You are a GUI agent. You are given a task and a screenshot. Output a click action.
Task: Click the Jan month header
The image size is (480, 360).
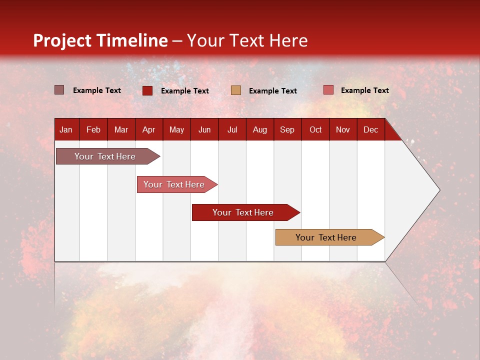(66, 130)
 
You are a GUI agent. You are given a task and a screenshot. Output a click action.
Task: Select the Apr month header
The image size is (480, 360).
(148, 130)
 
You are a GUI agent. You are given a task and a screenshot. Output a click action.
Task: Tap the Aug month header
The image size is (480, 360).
(259, 130)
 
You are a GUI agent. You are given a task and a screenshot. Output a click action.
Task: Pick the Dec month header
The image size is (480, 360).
(370, 130)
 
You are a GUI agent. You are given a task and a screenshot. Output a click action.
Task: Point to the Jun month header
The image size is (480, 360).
(204, 130)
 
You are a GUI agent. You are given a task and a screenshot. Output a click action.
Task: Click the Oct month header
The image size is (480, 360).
(315, 130)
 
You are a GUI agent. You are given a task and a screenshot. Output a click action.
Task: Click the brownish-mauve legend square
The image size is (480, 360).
(59, 90)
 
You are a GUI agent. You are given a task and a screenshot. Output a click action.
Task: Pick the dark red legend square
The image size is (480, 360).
(147, 90)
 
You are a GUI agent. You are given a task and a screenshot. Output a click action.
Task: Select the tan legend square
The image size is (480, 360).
(235, 90)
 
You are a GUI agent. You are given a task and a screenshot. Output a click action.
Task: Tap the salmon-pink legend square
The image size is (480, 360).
(328, 90)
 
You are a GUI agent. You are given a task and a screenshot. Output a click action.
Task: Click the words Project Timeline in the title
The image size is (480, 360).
(100, 40)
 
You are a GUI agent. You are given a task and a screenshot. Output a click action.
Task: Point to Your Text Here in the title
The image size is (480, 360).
(247, 40)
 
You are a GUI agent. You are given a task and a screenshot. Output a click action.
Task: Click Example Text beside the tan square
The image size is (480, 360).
(272, 91)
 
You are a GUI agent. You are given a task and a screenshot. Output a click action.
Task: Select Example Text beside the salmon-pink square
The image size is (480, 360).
(364, 90)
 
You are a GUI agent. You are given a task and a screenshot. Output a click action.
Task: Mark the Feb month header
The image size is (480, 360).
(93, 130)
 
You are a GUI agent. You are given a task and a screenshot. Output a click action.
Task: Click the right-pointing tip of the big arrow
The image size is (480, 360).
(438, 190)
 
